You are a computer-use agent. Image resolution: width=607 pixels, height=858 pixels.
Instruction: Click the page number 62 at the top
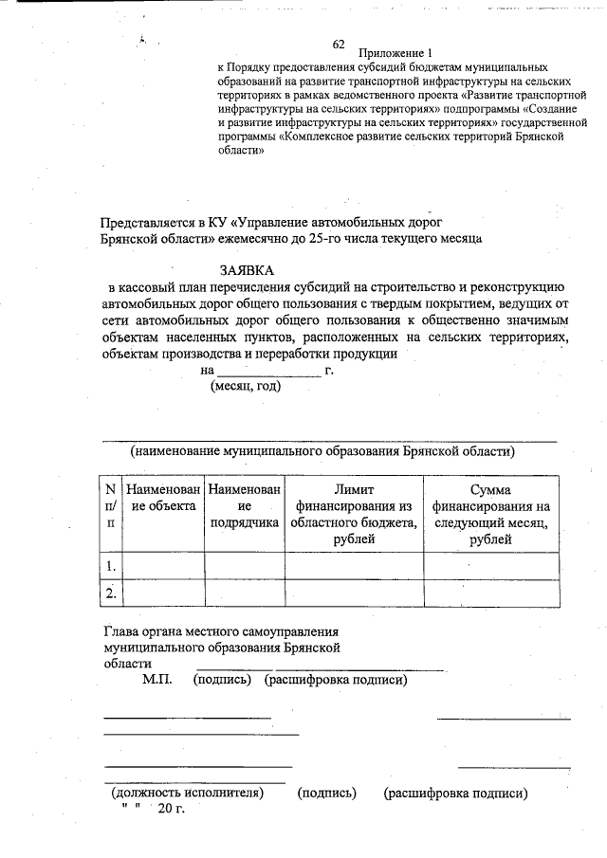339,44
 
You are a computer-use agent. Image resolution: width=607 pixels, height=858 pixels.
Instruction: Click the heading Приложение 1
395,53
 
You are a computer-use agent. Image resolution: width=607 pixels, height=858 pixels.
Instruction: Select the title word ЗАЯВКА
247,270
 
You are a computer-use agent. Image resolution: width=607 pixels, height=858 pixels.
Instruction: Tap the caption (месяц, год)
245,387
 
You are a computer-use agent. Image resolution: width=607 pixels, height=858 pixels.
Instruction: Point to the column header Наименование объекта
164,498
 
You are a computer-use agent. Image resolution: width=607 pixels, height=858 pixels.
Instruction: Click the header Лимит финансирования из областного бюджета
354,514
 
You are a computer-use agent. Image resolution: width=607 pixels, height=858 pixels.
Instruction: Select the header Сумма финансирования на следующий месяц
490,514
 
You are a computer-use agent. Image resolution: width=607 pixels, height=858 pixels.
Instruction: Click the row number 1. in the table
112,566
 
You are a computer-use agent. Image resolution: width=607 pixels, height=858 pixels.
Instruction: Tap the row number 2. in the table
112,593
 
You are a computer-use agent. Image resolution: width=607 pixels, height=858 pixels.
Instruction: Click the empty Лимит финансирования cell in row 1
354,566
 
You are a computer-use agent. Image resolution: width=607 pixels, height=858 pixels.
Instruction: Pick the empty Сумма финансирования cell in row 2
490,593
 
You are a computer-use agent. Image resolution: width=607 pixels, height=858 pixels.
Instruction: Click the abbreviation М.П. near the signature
156,681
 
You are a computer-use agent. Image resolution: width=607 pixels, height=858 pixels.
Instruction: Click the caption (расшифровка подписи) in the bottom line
455,793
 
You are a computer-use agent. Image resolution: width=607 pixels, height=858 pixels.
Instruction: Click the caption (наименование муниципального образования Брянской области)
322,451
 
